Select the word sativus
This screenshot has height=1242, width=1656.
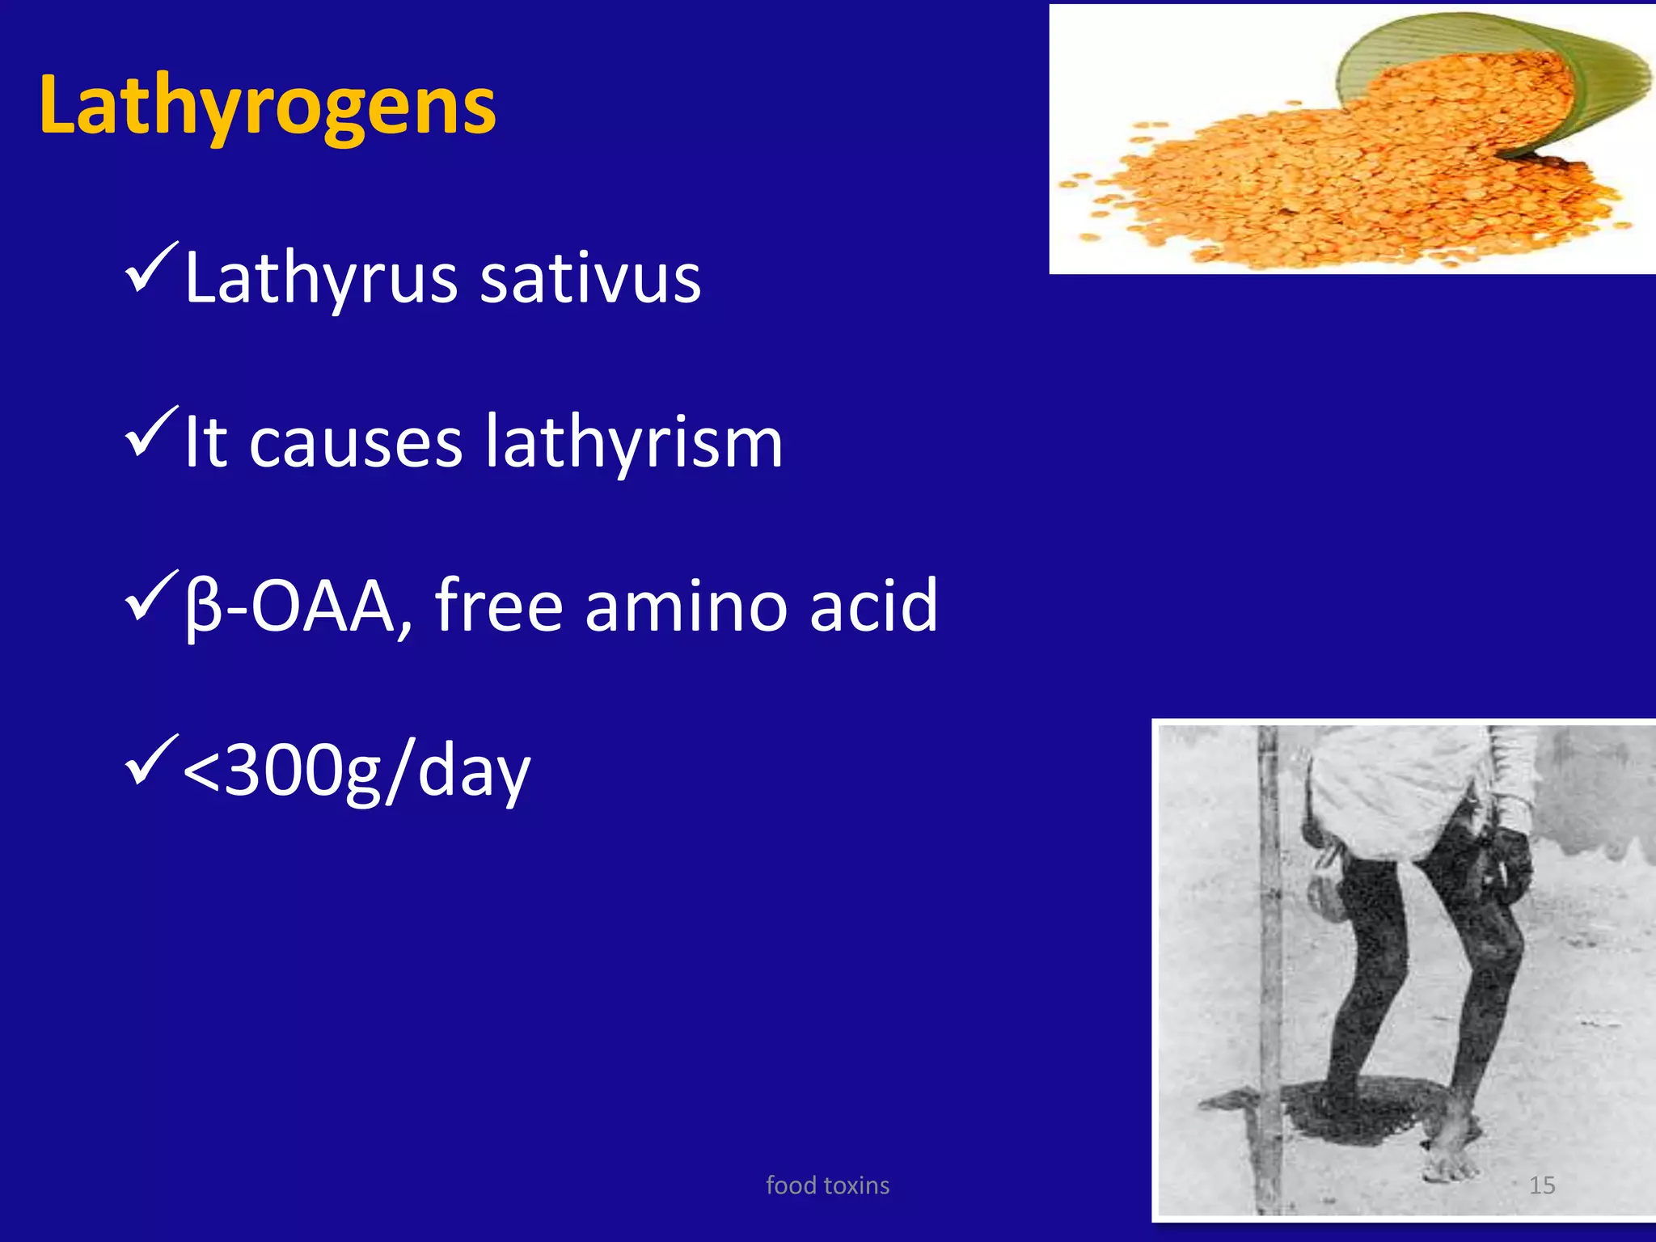coord(590,279)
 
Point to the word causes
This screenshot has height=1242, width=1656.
coord(356,443)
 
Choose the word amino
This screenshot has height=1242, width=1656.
coord(686,606)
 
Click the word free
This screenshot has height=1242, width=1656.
coord(498,606)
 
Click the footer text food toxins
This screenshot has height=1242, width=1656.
coord(827,1185)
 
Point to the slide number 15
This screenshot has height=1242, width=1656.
coord(1542,1185)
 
